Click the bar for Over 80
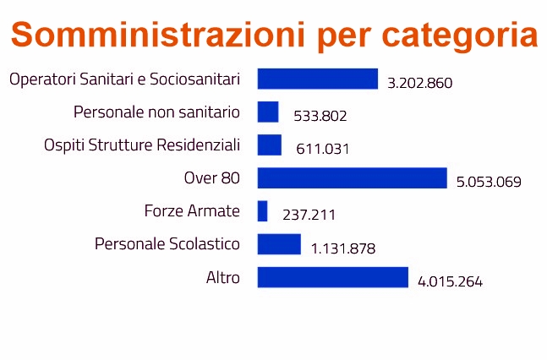point(352,178)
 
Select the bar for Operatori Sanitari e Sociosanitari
point(317,79)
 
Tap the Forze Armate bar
point(262,211)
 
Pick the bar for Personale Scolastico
point(279,244)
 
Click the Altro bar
point(332,277)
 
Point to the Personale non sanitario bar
point(268,112)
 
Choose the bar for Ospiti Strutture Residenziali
point(269,145)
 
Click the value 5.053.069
point(489,182)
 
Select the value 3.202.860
point(420,83)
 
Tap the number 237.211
point(309,215)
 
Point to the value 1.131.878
point(343,248)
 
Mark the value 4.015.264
point(451,281)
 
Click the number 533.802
point(320,116)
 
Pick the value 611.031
point(323,149)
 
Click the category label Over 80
point(212,178)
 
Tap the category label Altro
point(223,277)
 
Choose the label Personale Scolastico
point(167,244)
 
